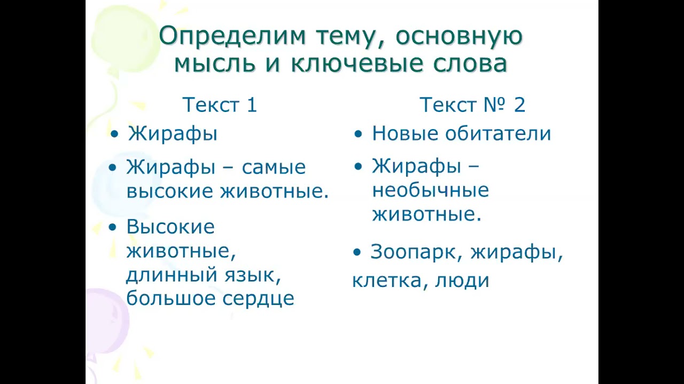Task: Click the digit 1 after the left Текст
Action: point(252,105)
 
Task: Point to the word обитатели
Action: point(500,133)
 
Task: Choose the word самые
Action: point(274,167)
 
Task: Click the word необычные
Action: point(430,190)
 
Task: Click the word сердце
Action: point(261,299)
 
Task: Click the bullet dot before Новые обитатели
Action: point(359,134)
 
